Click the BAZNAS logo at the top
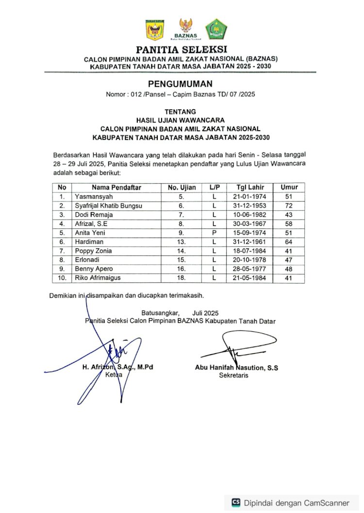coord(185,29)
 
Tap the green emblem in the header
coord(215,29)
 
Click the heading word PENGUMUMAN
coord(180,84)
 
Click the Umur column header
coord(289,188)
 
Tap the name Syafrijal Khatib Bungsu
coord(108,206)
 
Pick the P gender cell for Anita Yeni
coord(214,233)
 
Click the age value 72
coord(289,206)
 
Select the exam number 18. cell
coord(182,278)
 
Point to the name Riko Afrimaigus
coord(97,278)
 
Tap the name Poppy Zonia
coord(93,251)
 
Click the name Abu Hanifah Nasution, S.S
coord(236,368)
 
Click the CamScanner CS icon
coord(236,502)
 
